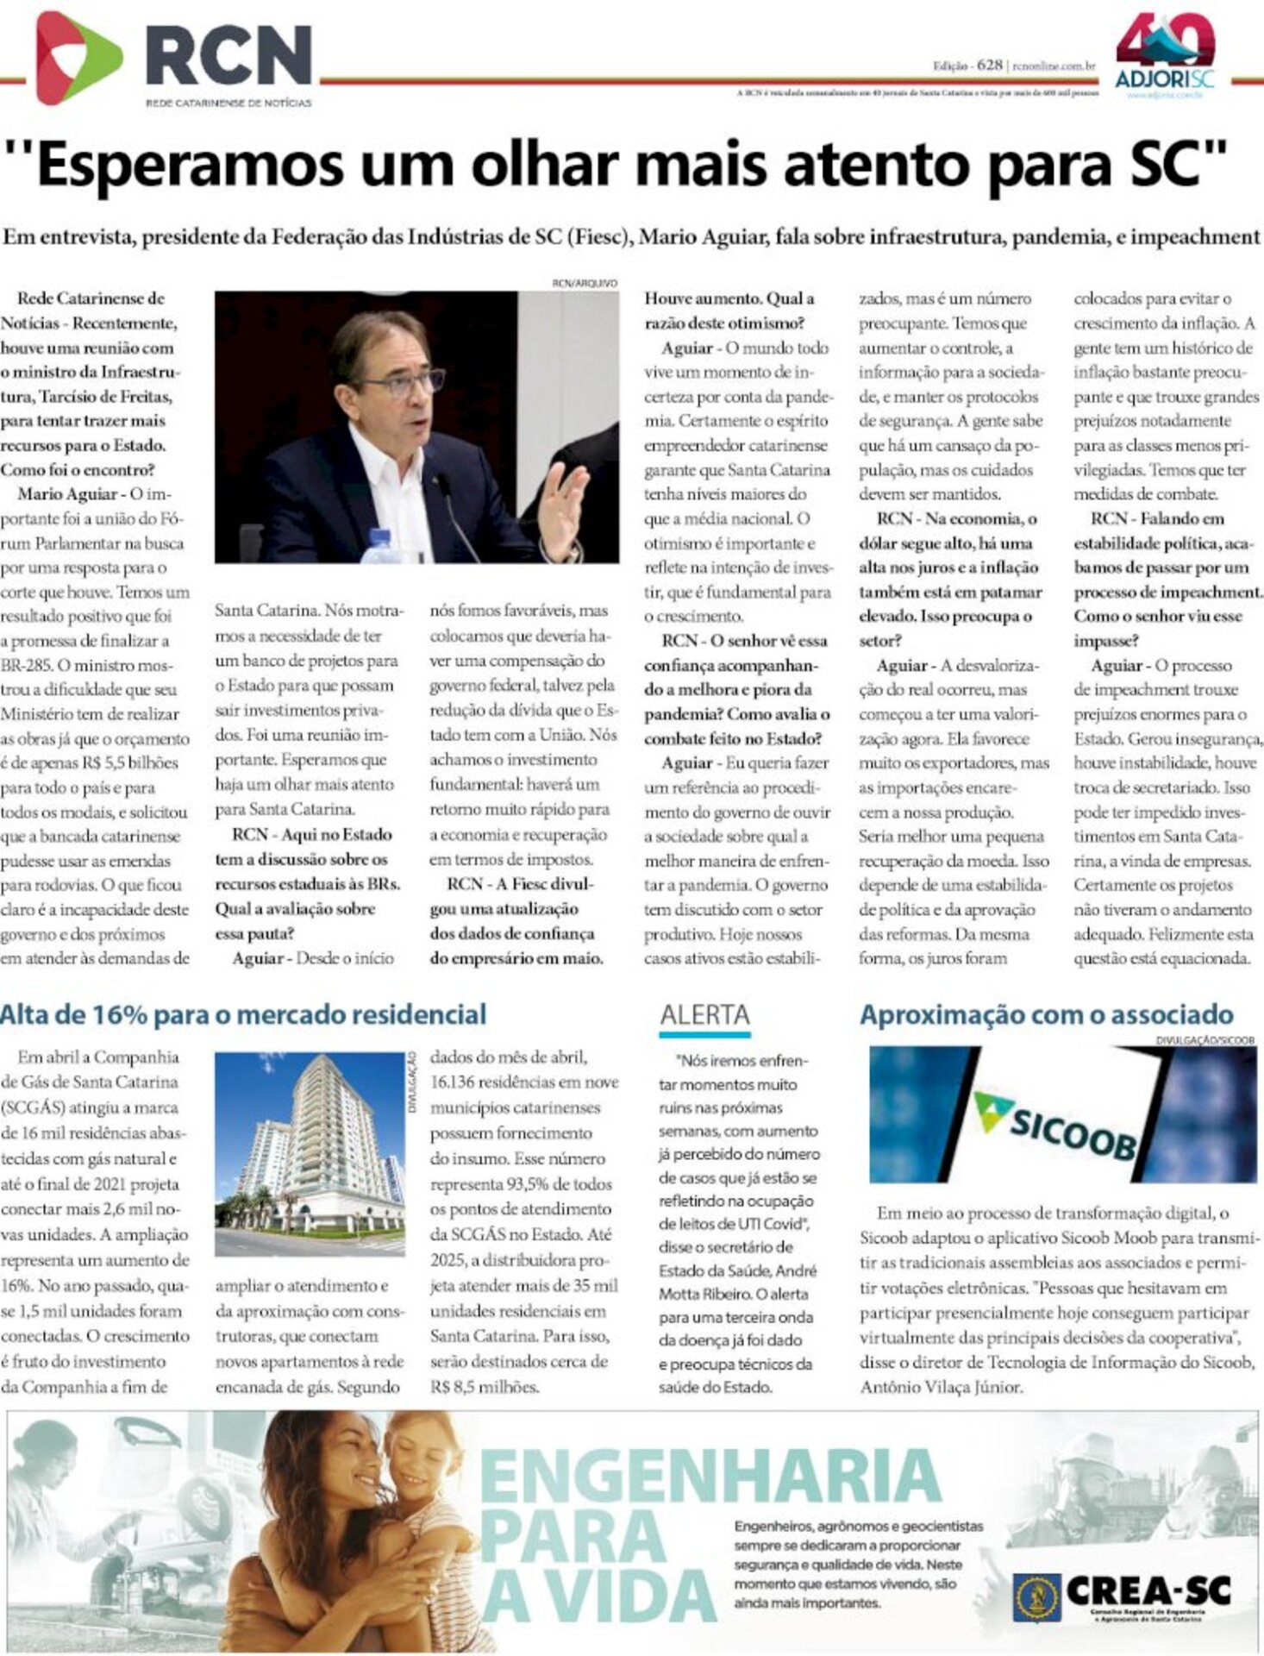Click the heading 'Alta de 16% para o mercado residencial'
pyautogui.click(x=243, y=1014)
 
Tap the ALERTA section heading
pyautogui.click(x=704, y=1014)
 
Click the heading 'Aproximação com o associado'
pyautogui.click(x=1046, y=1014)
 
